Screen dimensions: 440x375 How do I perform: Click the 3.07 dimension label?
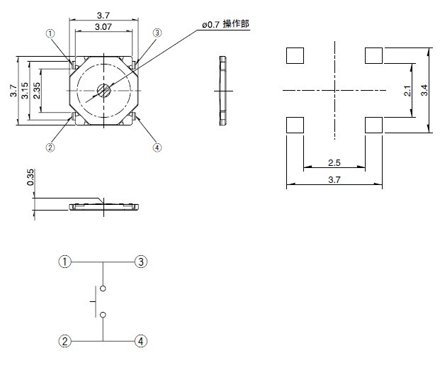coord(103,27)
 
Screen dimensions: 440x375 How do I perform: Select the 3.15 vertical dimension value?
coord(25,91)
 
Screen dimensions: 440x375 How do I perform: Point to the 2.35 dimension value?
coord(36,91)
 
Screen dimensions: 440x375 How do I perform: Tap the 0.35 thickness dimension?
coord(30,177)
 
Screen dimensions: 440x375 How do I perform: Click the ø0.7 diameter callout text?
coord(210,25)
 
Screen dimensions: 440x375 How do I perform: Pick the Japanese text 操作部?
coord(236,24)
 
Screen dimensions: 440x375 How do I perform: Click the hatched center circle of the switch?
coord(104,91)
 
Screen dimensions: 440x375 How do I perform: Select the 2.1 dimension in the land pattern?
coord(407,91)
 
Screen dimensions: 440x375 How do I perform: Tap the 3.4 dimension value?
coord(424,90)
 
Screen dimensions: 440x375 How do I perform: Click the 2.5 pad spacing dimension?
coord(334,163)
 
